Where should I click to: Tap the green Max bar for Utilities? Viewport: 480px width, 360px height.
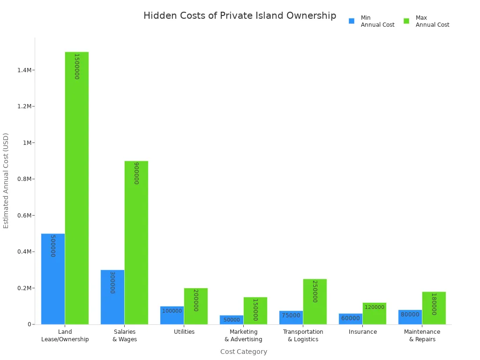pos(195,306)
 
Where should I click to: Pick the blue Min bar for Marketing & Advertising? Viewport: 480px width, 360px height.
pos(232,320)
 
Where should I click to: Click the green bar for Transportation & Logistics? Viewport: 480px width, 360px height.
pos(315,301)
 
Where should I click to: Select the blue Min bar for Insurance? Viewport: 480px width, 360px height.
pos(351,319)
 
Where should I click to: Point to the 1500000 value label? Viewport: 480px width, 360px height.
pos(76,66)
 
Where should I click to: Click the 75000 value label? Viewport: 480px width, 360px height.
pos(291,315)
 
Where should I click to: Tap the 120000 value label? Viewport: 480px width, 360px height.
pos(375,307)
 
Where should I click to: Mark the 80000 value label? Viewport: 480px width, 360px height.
pos(410,315)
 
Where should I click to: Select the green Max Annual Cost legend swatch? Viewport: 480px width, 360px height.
pos(406,21)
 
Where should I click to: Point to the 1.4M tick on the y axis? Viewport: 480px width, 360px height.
pos(24,70)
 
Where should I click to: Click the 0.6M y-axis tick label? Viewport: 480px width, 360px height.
pos(24,216)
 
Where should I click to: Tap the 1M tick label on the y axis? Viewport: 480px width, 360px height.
pos(26,143)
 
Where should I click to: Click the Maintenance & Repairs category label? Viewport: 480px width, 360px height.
pos(422,336)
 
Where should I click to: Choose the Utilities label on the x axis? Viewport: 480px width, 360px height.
pos(184,332)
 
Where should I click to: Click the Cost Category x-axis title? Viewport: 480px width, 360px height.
pos(244,352)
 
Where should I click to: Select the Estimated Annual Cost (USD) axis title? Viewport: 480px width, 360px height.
pos(6,180)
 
